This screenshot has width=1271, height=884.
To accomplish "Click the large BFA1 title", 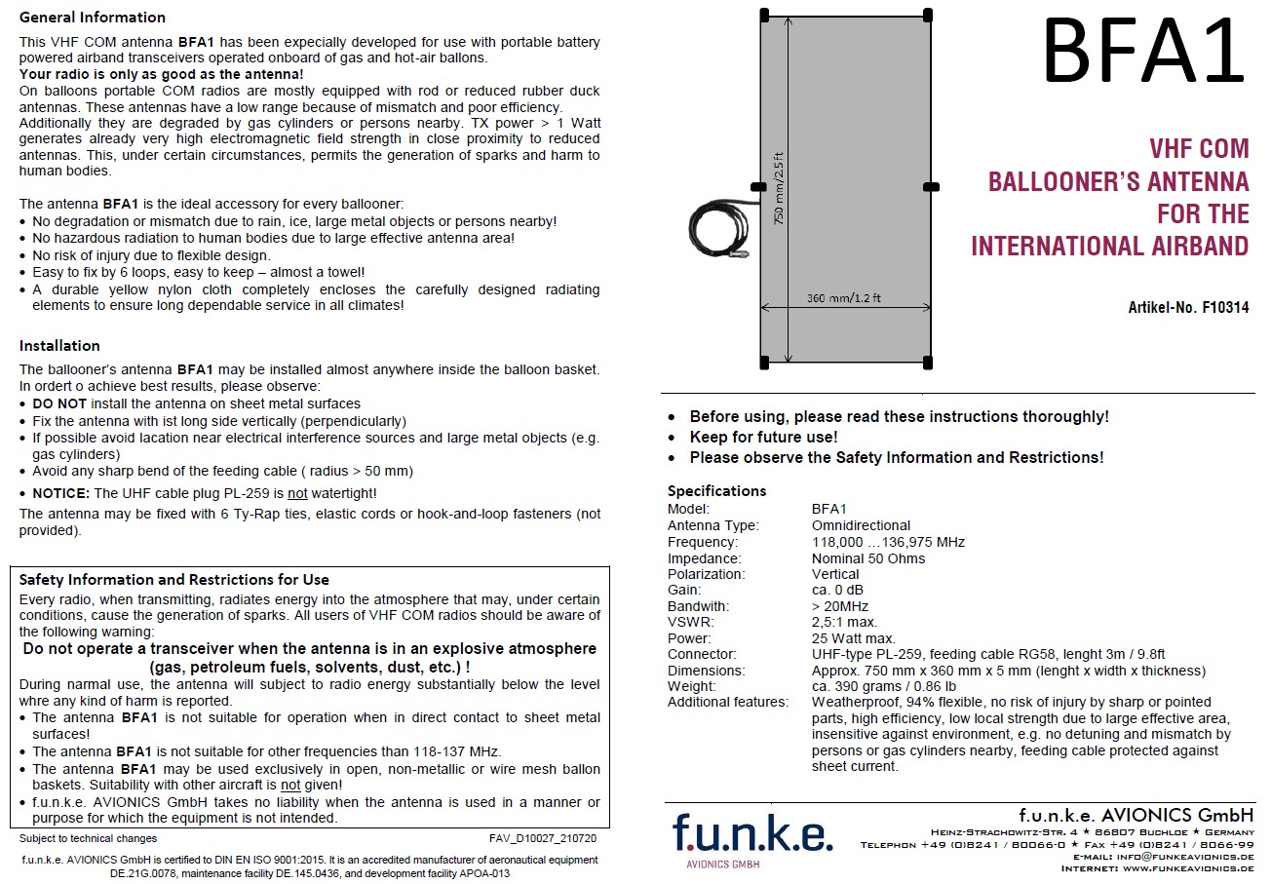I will point(1142,52).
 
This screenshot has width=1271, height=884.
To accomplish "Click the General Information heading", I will point(93,17).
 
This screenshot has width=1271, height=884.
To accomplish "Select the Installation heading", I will point(59,345).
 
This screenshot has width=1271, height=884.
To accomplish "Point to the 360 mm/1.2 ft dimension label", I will point(844,297).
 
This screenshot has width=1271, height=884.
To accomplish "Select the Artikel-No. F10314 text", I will point(1188,307).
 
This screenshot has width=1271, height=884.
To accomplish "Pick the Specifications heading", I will point(716,490).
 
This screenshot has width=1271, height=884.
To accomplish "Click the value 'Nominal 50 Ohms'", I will point(868,558).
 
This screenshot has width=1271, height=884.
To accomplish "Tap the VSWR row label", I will point(691,622).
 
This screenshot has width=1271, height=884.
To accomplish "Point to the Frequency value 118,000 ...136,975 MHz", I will point(888,542).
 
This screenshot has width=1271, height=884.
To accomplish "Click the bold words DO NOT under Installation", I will point(59,404).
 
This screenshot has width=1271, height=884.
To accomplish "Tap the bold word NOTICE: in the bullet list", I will point(61,493).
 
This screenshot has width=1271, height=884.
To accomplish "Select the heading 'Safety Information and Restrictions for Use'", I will point(174,579).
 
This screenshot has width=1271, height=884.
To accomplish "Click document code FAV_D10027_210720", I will point(543,838).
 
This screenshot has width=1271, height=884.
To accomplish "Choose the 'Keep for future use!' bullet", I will point(763,437).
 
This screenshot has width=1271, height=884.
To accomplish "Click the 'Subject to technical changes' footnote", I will point(89,838).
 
